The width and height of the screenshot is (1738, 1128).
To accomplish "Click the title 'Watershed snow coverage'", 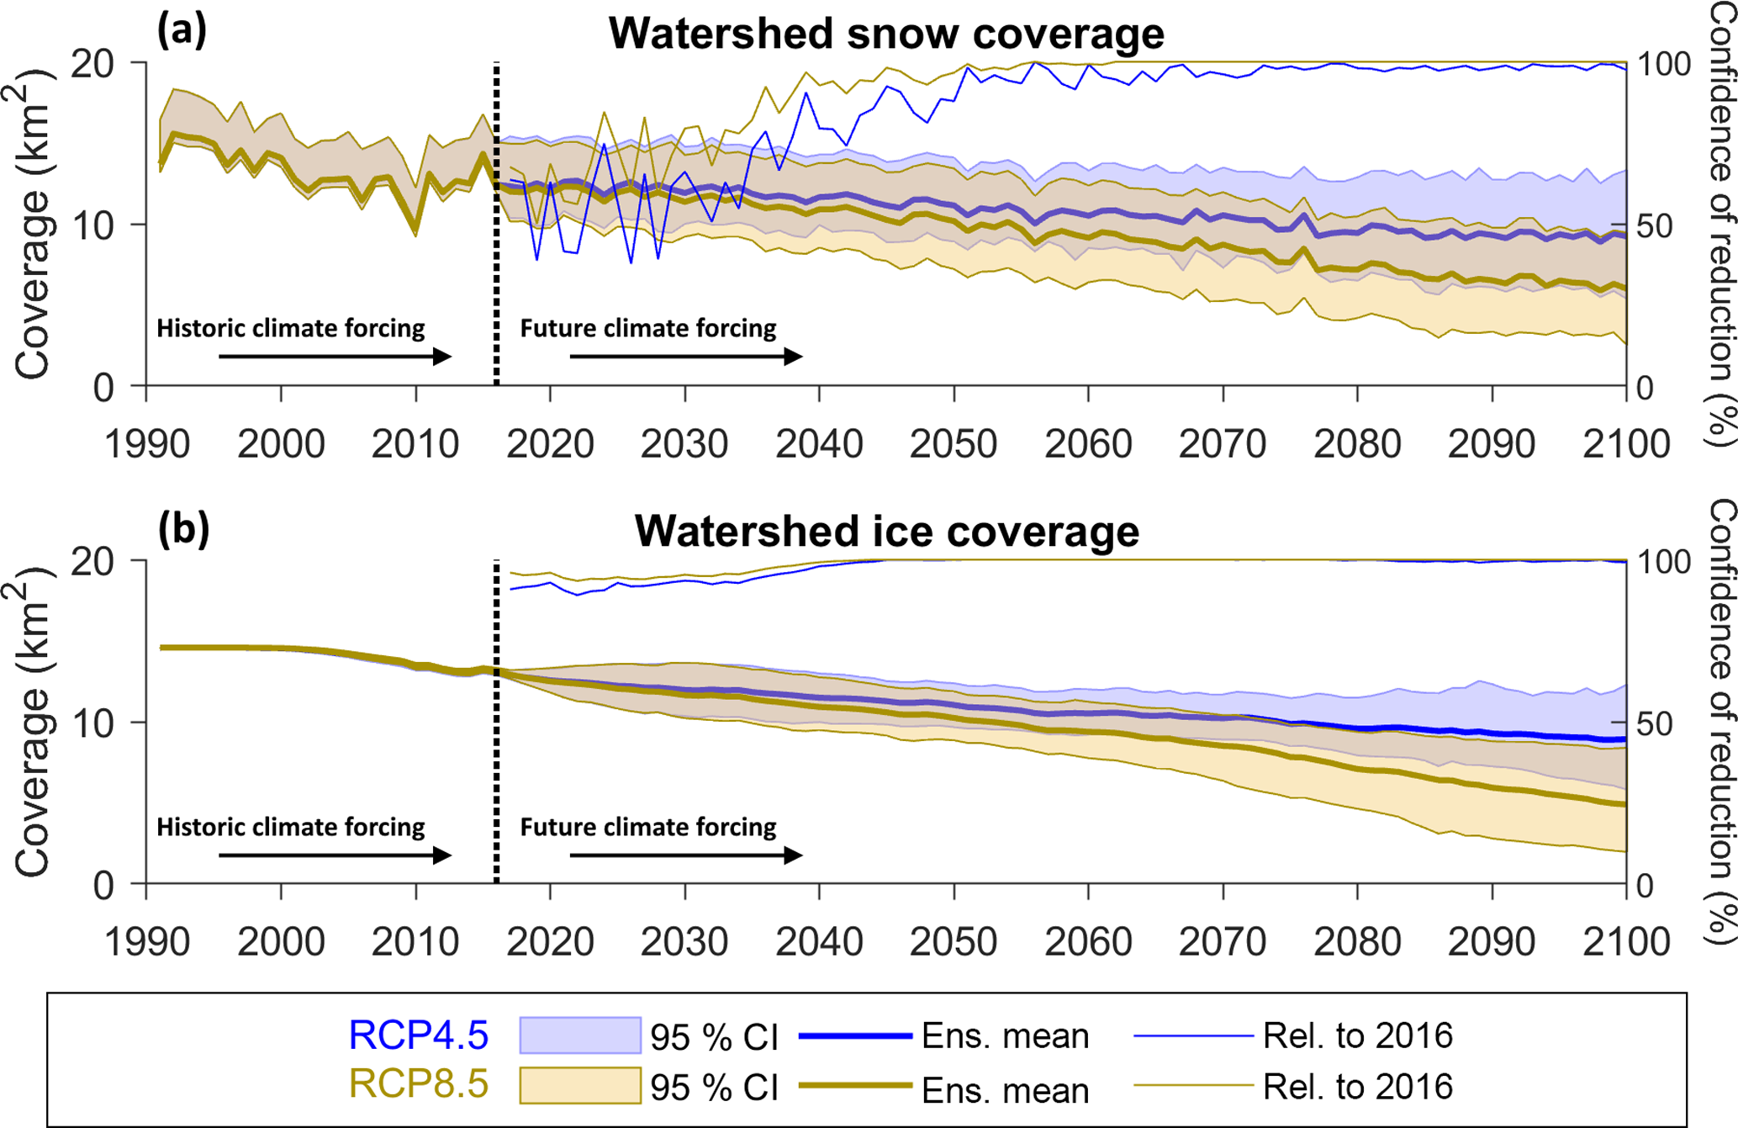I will tap(886, 34).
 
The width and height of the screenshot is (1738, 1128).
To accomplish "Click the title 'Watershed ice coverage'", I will tap(886, 532).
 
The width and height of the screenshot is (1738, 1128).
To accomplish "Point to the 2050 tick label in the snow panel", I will tap(954, 444).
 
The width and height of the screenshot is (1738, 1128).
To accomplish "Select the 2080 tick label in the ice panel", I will tap(1357, 941).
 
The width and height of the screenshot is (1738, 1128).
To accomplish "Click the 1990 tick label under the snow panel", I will tap(147, 444).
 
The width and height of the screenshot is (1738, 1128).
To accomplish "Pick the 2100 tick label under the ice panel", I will tap(1625, 941).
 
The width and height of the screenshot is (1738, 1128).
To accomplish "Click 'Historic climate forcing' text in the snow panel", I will tap(291, 328).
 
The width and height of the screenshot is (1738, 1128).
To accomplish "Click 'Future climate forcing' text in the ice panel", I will tap(648, 827).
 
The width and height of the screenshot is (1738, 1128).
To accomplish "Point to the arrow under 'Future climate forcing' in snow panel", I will tap(685, 357).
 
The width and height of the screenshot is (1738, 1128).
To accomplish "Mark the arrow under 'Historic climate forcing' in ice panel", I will tap(335, 855).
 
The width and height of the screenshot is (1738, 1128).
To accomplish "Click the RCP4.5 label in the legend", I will tap(418, 1035).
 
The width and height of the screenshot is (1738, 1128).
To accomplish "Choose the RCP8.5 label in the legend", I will tap(418, 1084).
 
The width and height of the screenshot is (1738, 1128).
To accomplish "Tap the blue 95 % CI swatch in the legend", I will tap(580, 1035).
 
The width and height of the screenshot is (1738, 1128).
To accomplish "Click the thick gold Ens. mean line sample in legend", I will tap(854, 1086).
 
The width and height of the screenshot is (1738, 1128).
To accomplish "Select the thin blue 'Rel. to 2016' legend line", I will tap(1193, 1035).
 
